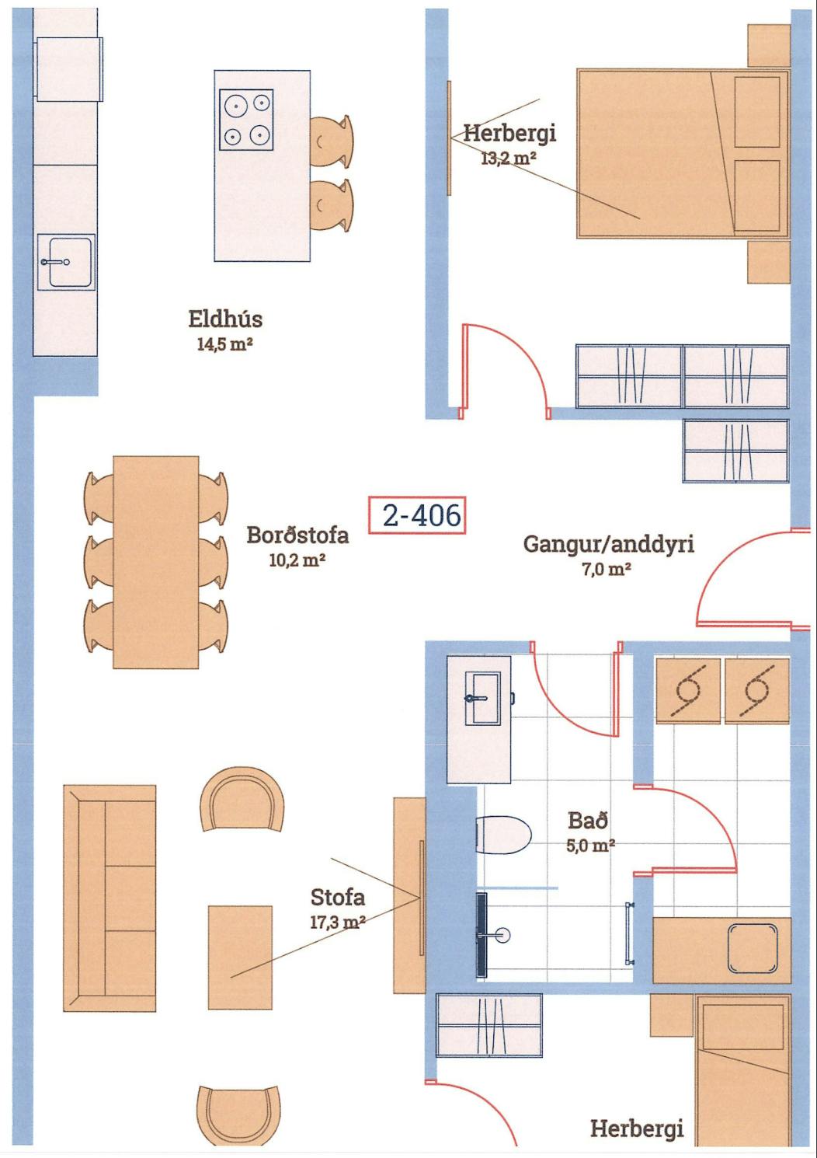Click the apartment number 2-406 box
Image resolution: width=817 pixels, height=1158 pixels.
[417, 515]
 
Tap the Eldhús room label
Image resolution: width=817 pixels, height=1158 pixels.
[225, 319]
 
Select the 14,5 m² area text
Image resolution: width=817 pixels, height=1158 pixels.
[224, 344]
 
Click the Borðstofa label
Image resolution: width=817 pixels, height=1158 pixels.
[297, 535]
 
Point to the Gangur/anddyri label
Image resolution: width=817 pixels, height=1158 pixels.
[609, 544]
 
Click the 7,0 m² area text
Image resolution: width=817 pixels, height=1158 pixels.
[607, 570]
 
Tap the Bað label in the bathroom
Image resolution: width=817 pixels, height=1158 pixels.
[588, 821]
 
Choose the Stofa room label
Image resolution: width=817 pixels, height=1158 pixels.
[338, 898]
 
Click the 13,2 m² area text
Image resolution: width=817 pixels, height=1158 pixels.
[509, 159]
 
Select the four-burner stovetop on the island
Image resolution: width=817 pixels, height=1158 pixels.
[246, 120]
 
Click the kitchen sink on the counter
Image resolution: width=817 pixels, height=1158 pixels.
[66, 262]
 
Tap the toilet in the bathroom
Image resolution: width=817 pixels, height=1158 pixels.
[503, 835]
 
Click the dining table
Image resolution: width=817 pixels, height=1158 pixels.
[155, 562]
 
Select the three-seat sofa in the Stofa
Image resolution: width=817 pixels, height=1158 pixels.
[110, 898]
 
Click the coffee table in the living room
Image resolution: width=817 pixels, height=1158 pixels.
[240, 957]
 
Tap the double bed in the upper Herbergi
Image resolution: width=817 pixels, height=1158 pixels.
[683, 154]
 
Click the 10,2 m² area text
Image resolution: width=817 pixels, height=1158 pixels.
[297, 560]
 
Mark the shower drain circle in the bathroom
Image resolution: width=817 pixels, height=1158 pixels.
[503, 935]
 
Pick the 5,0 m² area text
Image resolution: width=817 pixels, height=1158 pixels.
[590, 846]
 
